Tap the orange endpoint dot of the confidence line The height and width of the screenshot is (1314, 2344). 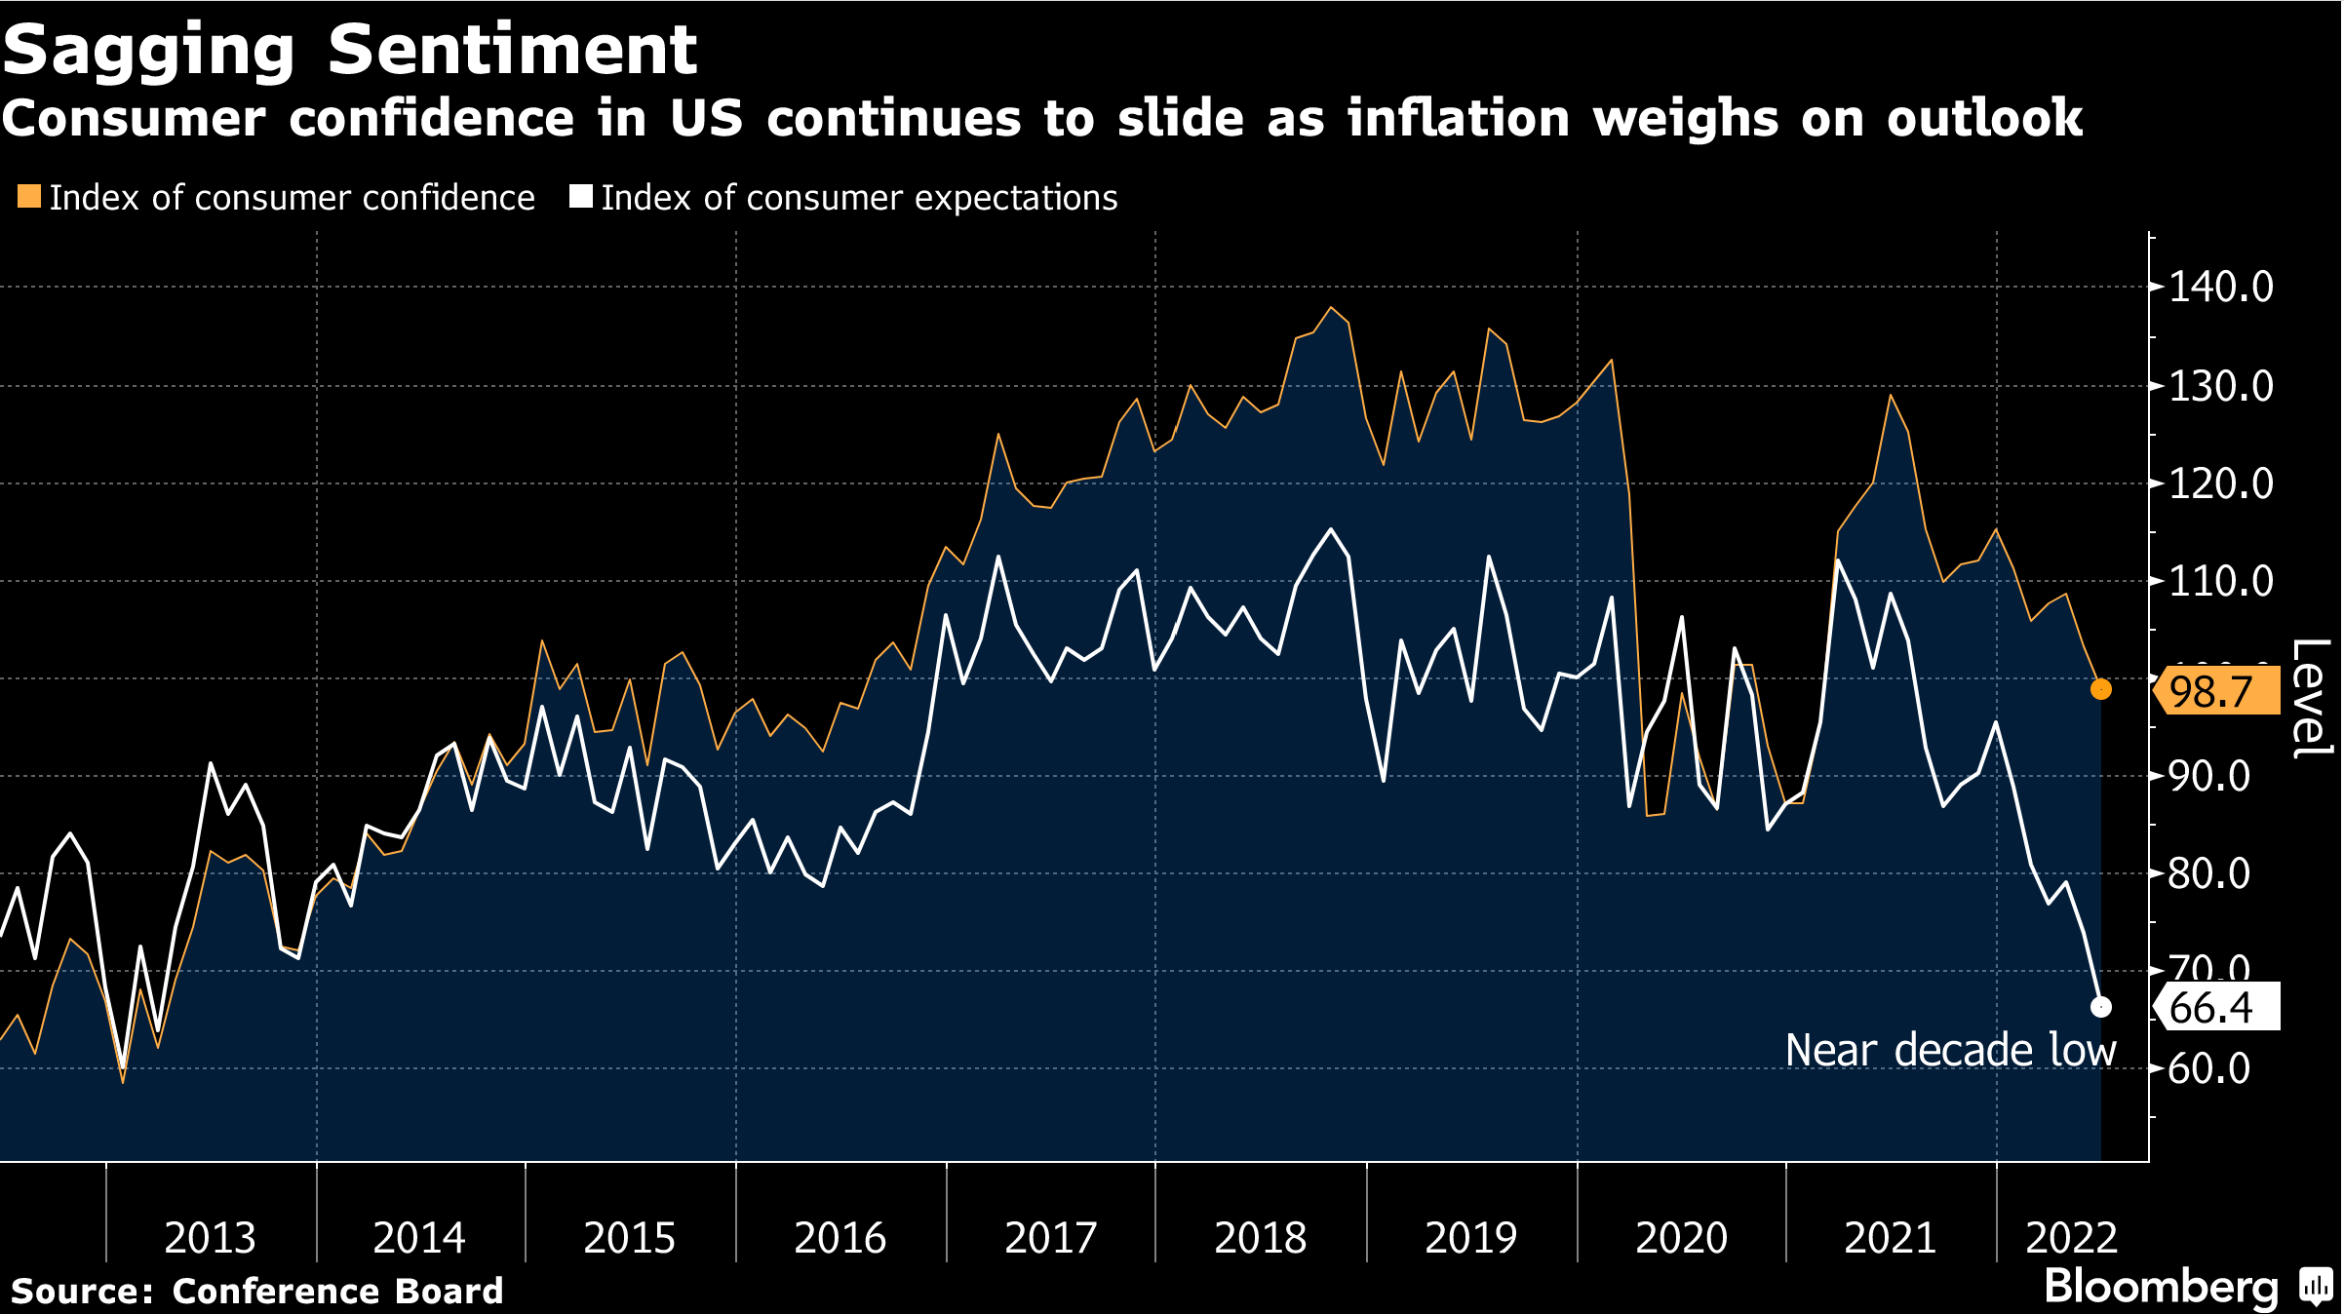2101,689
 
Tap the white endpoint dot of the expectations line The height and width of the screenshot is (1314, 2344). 2101,1007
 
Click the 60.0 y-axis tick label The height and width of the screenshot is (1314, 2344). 2208,1069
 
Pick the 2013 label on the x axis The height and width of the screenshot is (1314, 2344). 210,1238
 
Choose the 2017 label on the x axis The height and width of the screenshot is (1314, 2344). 1050,1238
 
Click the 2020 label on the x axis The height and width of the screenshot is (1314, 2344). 1681,1238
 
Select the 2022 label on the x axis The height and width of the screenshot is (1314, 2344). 2071,1238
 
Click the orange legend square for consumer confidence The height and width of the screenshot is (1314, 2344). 29,197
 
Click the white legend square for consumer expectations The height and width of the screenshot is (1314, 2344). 581,197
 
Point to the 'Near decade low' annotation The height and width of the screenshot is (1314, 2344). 1950,1051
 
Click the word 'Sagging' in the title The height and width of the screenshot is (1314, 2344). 148,51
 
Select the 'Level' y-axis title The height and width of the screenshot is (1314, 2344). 2311,698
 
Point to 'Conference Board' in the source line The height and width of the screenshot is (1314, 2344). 337,1291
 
